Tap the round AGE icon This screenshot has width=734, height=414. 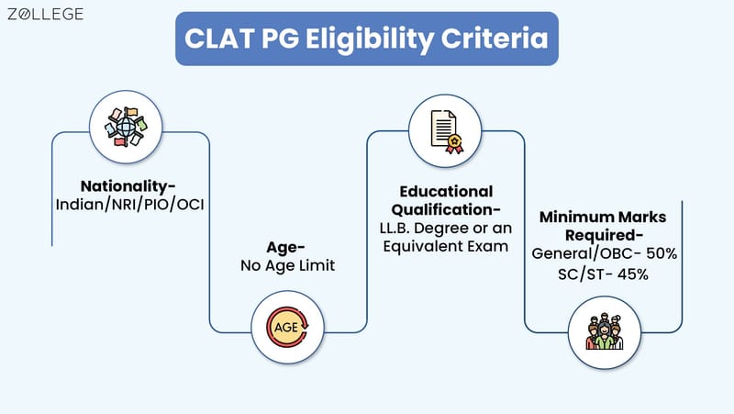coord(287,328)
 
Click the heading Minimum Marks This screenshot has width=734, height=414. coord(603,218)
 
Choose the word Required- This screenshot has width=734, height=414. coord(603,235)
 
